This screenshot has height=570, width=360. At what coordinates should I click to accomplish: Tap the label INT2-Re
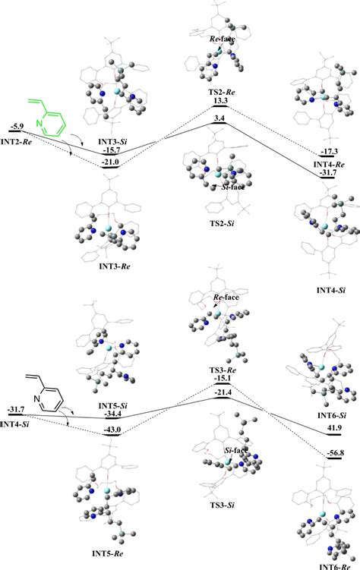click(x=21, y=139)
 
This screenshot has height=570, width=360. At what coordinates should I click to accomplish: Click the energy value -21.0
click(x=111, y=161)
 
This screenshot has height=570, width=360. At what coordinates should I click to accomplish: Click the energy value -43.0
click(x=112, y=432)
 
